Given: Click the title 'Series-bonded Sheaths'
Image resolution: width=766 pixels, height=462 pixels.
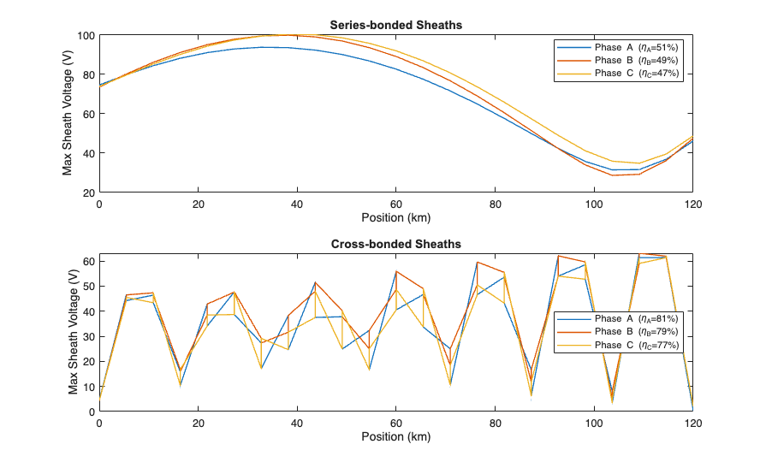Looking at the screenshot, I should tap(395, 25).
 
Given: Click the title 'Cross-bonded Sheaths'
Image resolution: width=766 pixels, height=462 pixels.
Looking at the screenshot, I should tap(395, 244).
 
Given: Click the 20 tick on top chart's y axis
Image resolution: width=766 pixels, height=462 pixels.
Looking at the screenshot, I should tap(87, 192).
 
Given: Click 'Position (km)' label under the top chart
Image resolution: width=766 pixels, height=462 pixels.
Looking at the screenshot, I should tap(395, 216).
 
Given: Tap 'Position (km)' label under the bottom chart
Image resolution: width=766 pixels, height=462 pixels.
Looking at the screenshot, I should tap(395, 435).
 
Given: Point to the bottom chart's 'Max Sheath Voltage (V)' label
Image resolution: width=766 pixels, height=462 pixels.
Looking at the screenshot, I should tap(73, 332).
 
